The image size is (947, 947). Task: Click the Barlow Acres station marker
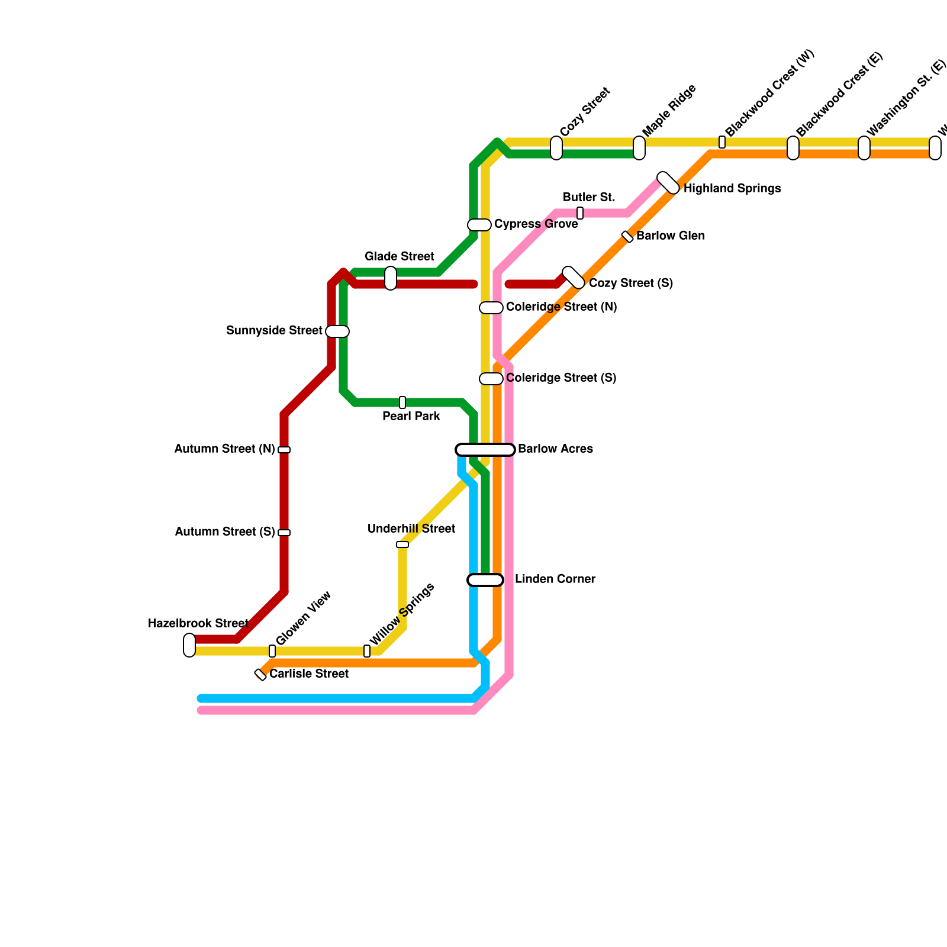click(485, 450)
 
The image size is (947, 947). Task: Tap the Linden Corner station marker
click(485, 580)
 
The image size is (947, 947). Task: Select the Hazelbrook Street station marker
click(189, 645)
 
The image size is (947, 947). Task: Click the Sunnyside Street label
click(274, 330)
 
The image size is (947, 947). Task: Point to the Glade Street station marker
click(391, 278)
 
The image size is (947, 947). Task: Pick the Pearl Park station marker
click(402, 402)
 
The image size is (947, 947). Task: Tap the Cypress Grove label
click(536, 224)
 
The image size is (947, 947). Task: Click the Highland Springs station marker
click(668, 183)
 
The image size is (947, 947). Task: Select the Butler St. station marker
click(580, 213)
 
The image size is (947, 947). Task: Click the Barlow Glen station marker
click(627, 237)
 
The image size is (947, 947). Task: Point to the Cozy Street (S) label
click(631, 283)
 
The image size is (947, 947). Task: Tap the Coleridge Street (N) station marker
click(491, 308)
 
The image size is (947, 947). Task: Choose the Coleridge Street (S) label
click(561, 378)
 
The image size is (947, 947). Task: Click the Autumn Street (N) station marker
click(284, 450)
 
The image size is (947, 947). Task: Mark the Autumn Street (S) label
click(225, 532)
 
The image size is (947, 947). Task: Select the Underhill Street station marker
click(402, 545)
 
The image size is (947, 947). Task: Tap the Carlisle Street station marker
click(260, 675)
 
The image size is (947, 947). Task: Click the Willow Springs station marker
click(367, 651)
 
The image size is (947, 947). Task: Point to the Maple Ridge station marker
click(639, 148)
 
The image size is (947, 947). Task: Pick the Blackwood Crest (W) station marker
click(722, 142)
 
